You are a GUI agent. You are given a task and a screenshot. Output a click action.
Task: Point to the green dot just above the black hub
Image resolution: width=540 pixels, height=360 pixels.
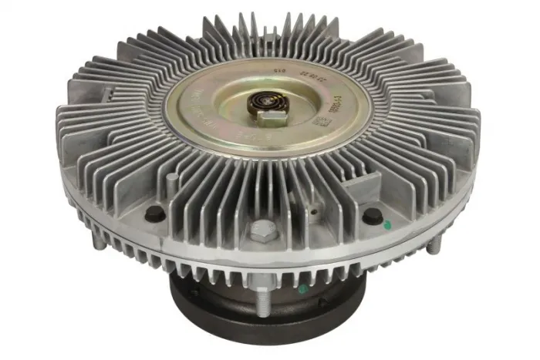[302, 288]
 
